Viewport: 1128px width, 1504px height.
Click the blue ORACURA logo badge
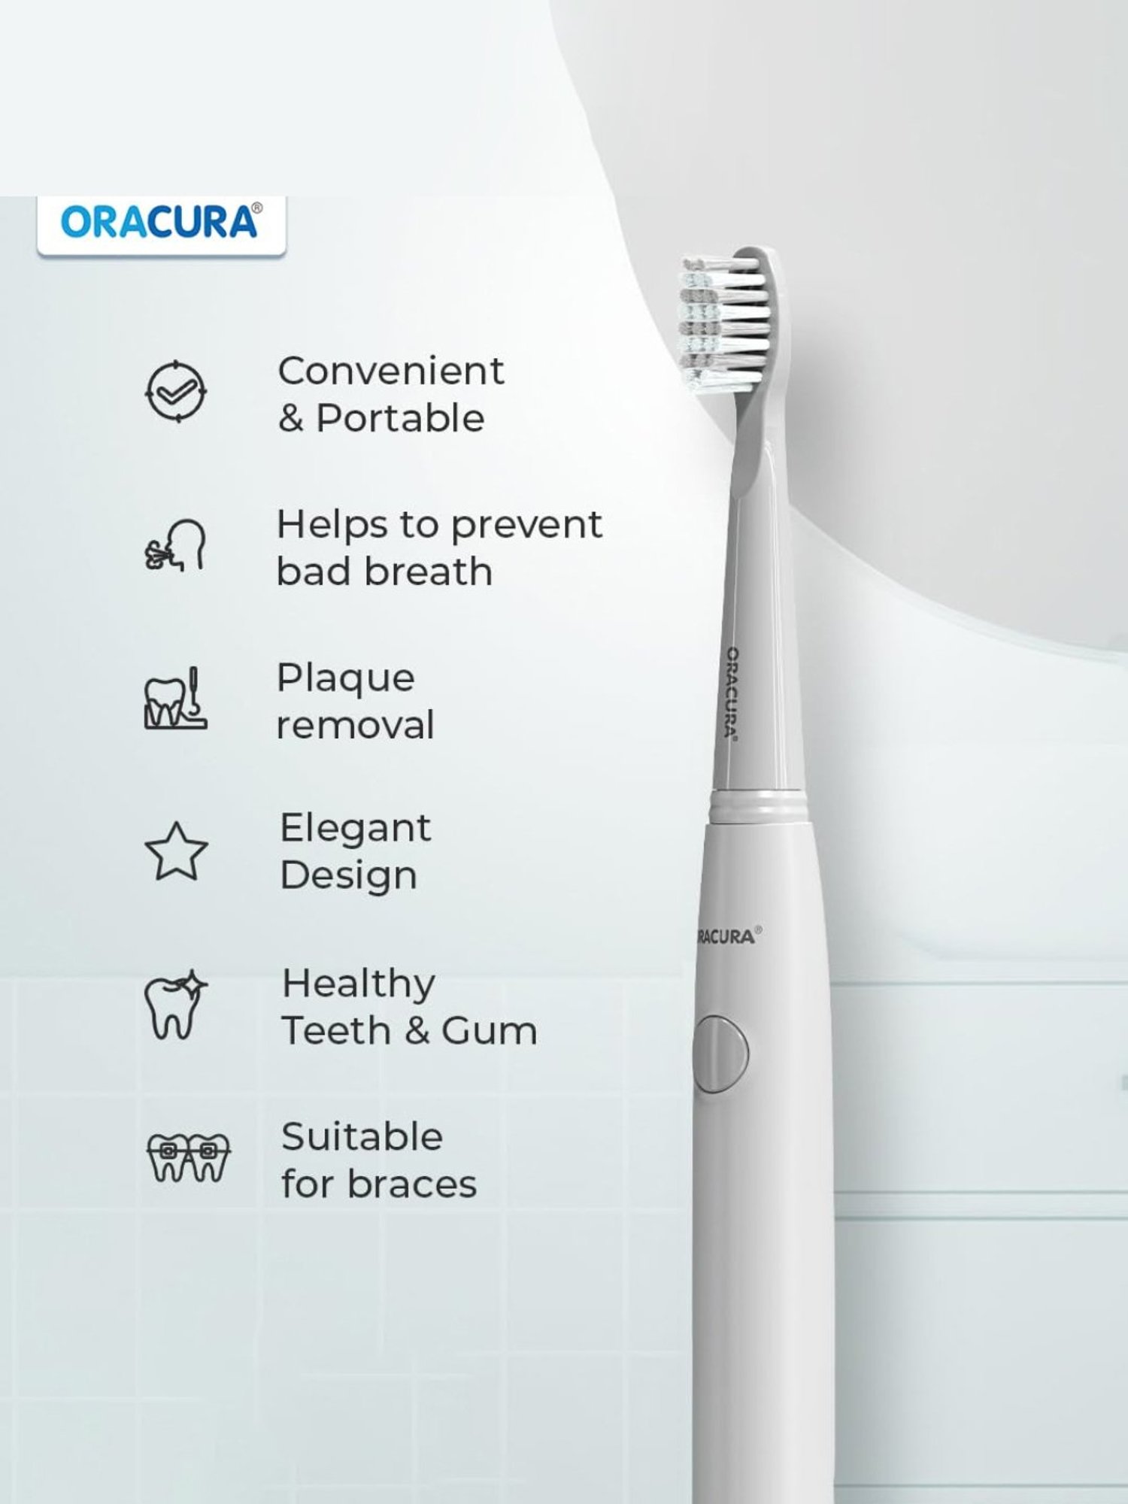[161, 223]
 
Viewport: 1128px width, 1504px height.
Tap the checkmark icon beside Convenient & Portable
[175, 391]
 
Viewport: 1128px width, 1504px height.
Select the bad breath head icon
[175, 545]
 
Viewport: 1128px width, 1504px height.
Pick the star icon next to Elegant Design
[176, 851]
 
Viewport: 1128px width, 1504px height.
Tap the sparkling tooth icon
[175, 1005]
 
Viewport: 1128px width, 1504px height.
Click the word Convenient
[390, 371]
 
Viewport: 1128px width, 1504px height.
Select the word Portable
[400, 418]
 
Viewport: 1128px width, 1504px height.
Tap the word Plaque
[345, 678]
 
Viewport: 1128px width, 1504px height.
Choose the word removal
[355, 725]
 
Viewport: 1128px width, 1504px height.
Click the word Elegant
[355, 828]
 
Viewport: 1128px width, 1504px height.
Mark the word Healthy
[359, 983]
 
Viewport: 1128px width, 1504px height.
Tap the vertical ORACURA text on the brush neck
[731, 692]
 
